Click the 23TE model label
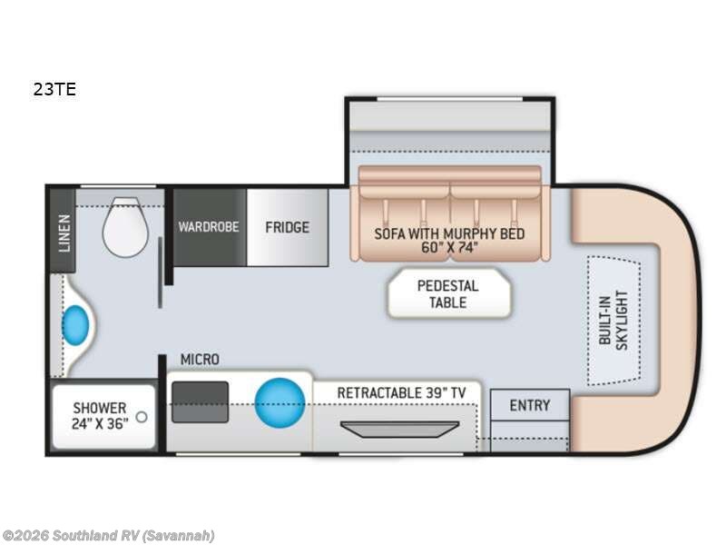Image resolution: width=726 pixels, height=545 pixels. point(54,90)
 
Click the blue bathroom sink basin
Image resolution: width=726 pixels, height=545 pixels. point(74,324)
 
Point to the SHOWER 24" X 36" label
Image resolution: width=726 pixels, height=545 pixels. point(100,415)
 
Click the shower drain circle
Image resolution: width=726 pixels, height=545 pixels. point(140,419)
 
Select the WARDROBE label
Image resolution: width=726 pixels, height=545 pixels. point(209,226)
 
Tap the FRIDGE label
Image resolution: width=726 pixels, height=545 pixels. point(287,227)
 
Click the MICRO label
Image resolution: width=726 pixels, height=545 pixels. point(199,360)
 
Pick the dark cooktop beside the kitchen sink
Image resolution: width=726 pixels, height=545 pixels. point(200,401)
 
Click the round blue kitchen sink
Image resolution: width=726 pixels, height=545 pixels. point(279,401)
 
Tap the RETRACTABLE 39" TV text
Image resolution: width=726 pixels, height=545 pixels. point(402,392)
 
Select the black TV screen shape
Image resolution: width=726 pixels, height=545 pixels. point(398,429)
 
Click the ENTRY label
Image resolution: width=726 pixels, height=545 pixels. point(529,405)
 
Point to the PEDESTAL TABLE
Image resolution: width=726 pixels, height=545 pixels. point(447,293)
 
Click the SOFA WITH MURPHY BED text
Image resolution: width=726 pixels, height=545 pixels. point(449,233)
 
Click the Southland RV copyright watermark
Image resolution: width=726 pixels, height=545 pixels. point(108,535)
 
